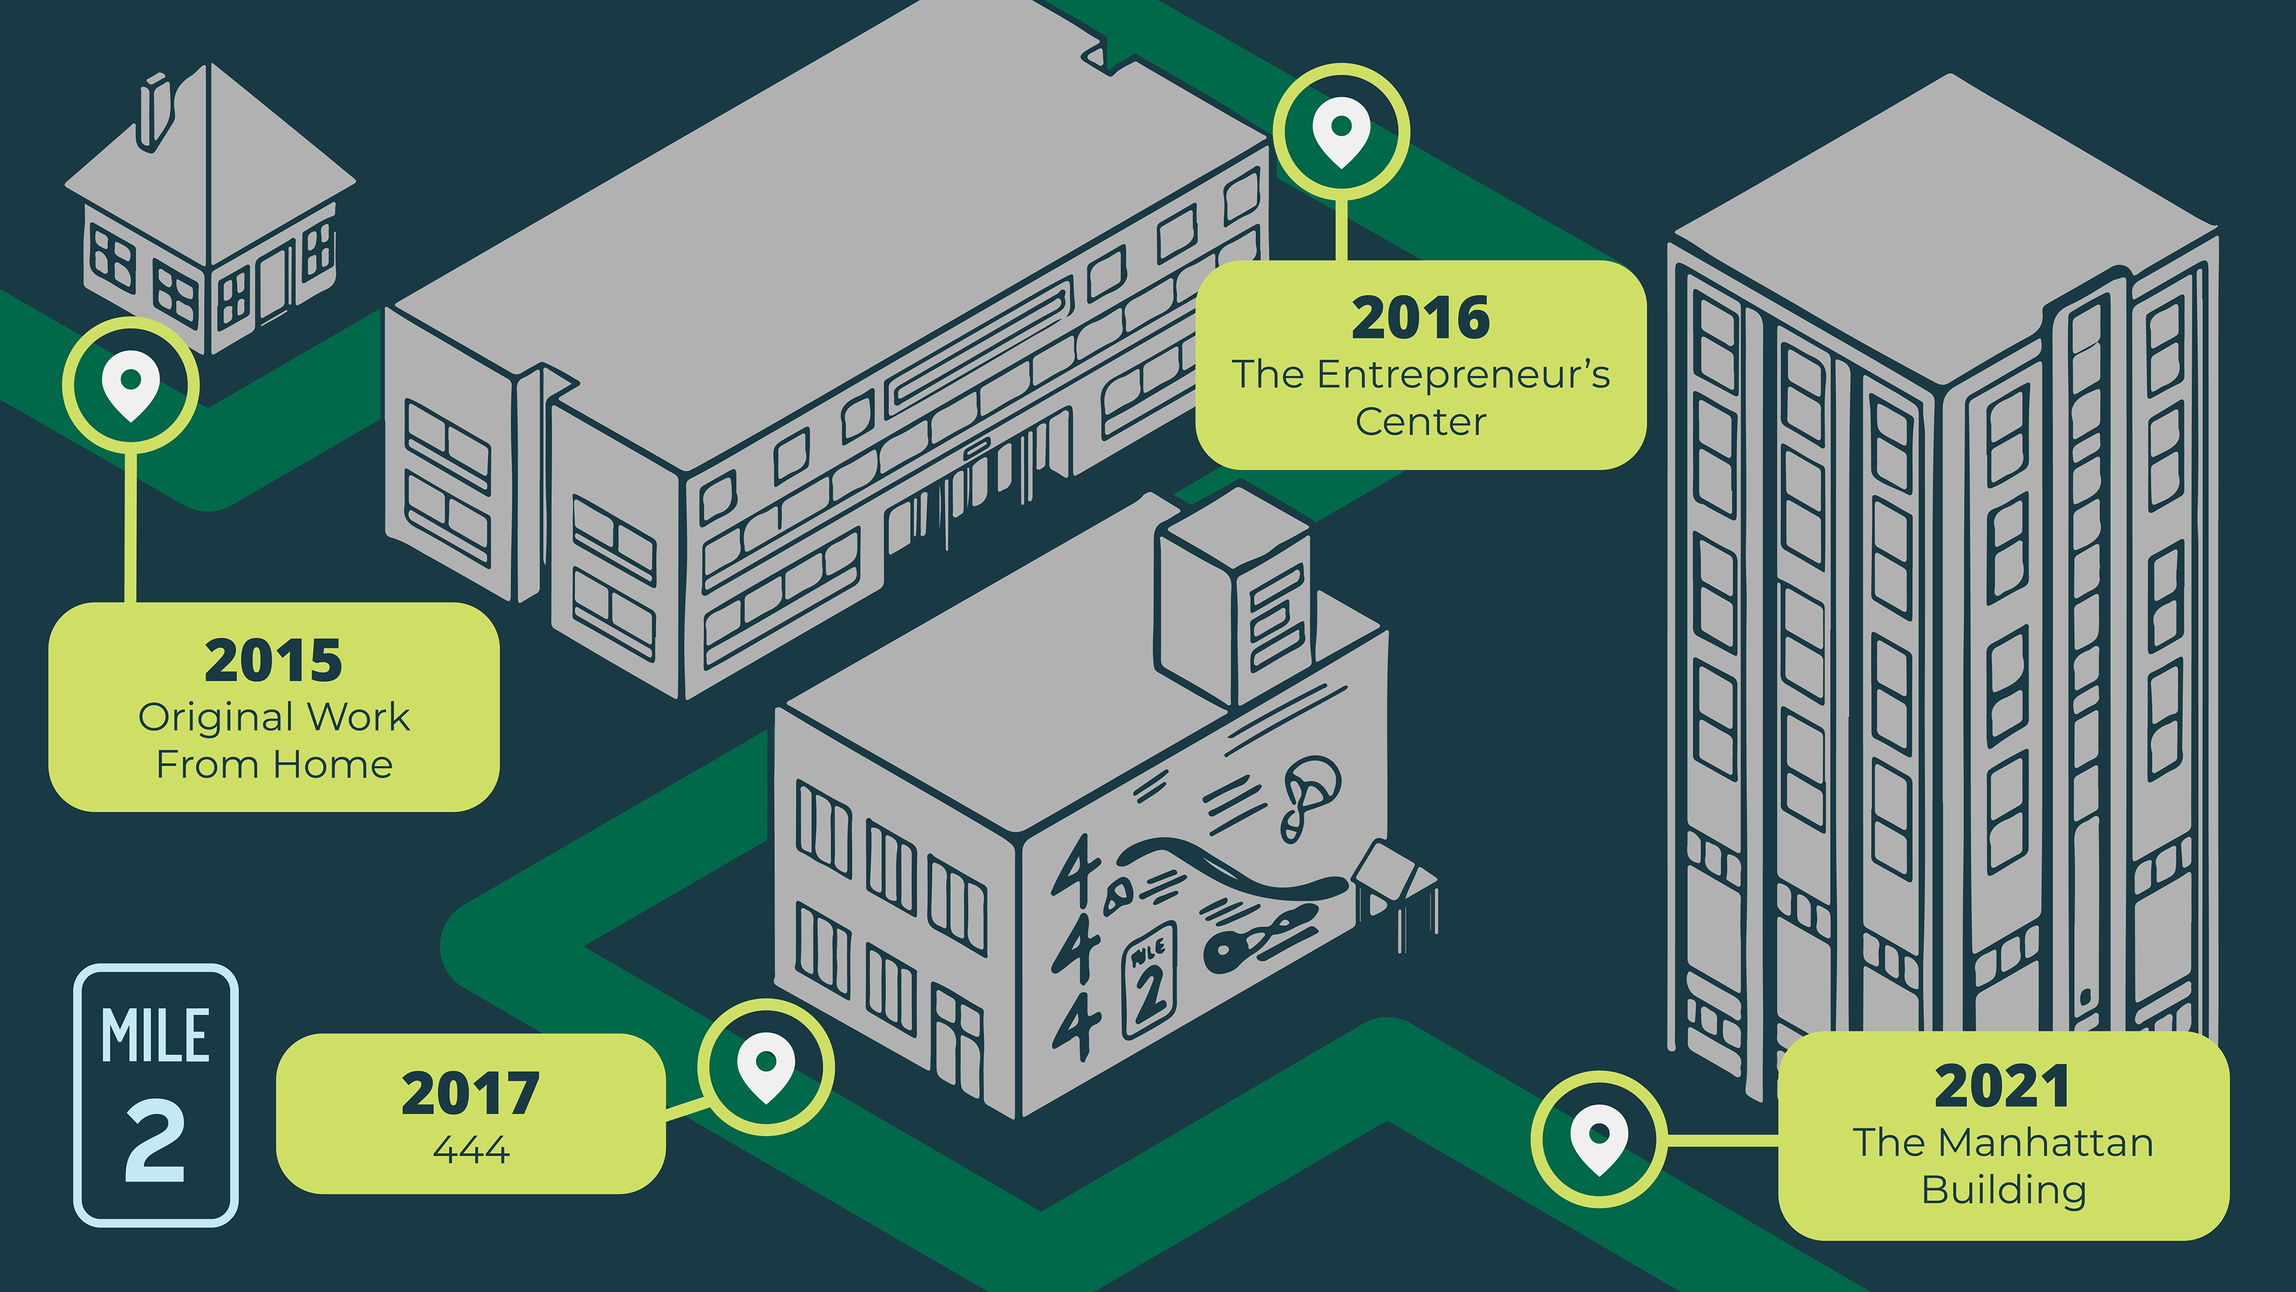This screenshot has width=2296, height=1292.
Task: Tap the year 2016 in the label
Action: (1420, 318)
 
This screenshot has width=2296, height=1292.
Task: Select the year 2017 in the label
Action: (470, 1094)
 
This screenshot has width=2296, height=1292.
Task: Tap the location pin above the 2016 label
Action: (1341, 132)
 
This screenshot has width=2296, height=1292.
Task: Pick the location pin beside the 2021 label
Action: (1599, 1139)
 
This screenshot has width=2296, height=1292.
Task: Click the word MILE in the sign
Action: (156, 1036)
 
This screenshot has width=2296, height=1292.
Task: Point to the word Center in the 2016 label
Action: (1421, 422)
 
